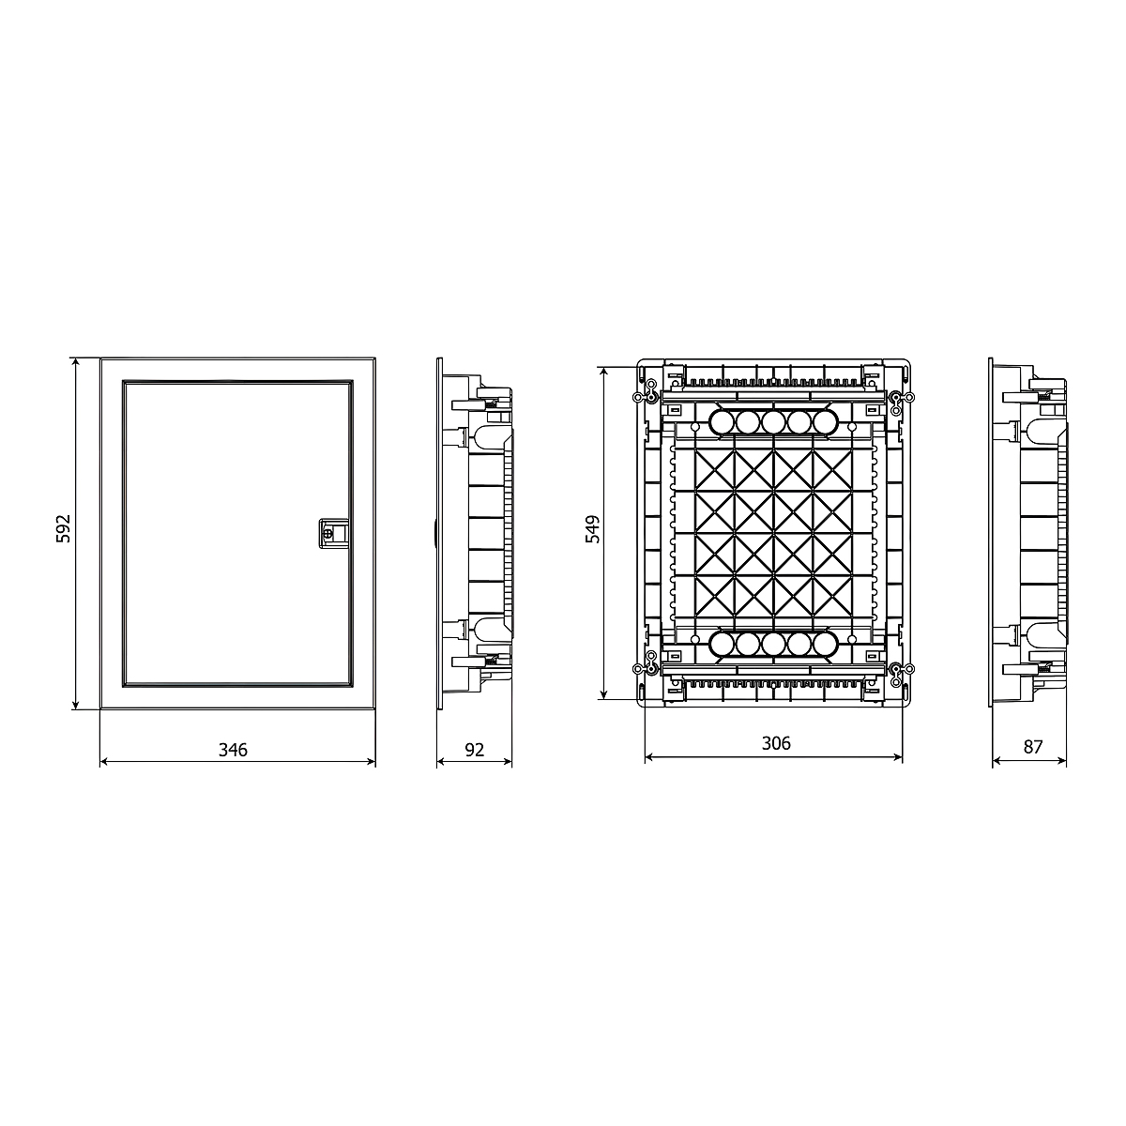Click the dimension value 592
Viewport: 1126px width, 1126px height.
63,528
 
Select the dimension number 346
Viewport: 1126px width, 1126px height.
233,750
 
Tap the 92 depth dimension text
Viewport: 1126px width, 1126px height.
475,750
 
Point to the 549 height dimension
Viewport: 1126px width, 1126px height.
592,529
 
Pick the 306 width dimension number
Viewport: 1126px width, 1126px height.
776,743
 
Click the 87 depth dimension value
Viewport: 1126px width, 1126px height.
1033,747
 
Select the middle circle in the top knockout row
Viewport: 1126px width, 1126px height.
772,421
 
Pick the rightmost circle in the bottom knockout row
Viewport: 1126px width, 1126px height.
824,644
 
